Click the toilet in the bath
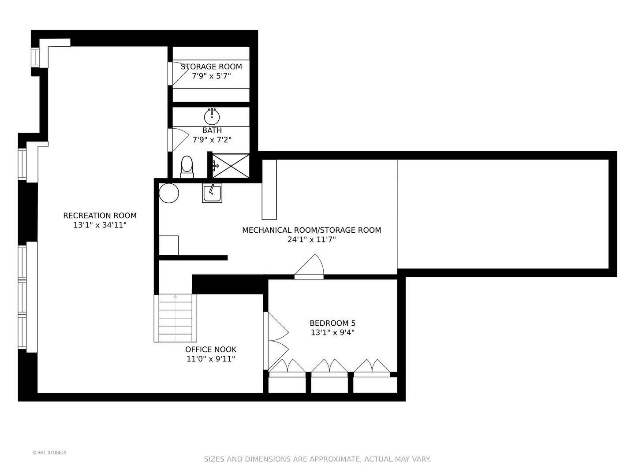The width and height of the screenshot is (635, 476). (x=187, y=167)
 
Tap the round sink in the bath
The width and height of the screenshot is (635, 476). (x=212, y=117)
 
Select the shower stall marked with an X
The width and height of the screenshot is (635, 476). (x=231, y=166)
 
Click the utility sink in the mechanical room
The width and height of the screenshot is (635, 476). (x=212, y=193)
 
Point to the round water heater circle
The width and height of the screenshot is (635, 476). (x=169, y=193)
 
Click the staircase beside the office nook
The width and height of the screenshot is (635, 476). (x=176, y=318)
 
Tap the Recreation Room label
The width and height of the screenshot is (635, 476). (x=100, y=216)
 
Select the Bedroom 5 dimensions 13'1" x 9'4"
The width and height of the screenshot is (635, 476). (x=332, y=333)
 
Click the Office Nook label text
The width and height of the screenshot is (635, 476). (x=211, y=350)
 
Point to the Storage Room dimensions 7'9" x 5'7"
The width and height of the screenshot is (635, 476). (x=212, y=76)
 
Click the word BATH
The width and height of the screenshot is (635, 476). (x=212, y=130)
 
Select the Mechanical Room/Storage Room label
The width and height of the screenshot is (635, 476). (x=312, y=230)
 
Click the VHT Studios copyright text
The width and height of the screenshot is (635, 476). (x=49, y=453)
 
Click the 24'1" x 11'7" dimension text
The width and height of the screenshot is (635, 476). (x=312, y=240)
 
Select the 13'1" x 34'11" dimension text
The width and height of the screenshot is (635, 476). (x=100, y=225)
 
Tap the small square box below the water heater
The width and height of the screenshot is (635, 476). (x=168, y=245)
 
